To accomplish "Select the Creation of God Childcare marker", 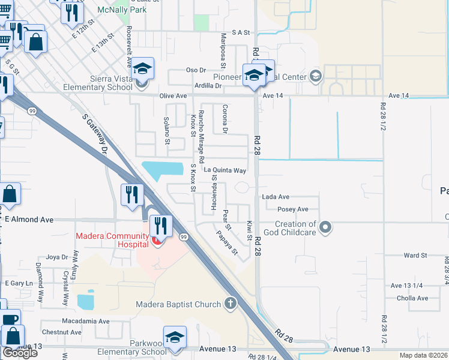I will point(325,227).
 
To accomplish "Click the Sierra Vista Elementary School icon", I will point(143,68).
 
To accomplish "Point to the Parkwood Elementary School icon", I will point(175,338).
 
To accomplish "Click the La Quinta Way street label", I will point(225,170).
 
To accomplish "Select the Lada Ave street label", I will point(276,197).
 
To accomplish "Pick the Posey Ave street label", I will point(292,209).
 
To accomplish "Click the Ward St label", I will point(415,256).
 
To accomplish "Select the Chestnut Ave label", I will point(62,332).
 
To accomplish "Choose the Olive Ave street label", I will point(173,96).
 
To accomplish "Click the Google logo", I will point(20,353).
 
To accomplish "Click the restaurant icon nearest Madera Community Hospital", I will point(160,225).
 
